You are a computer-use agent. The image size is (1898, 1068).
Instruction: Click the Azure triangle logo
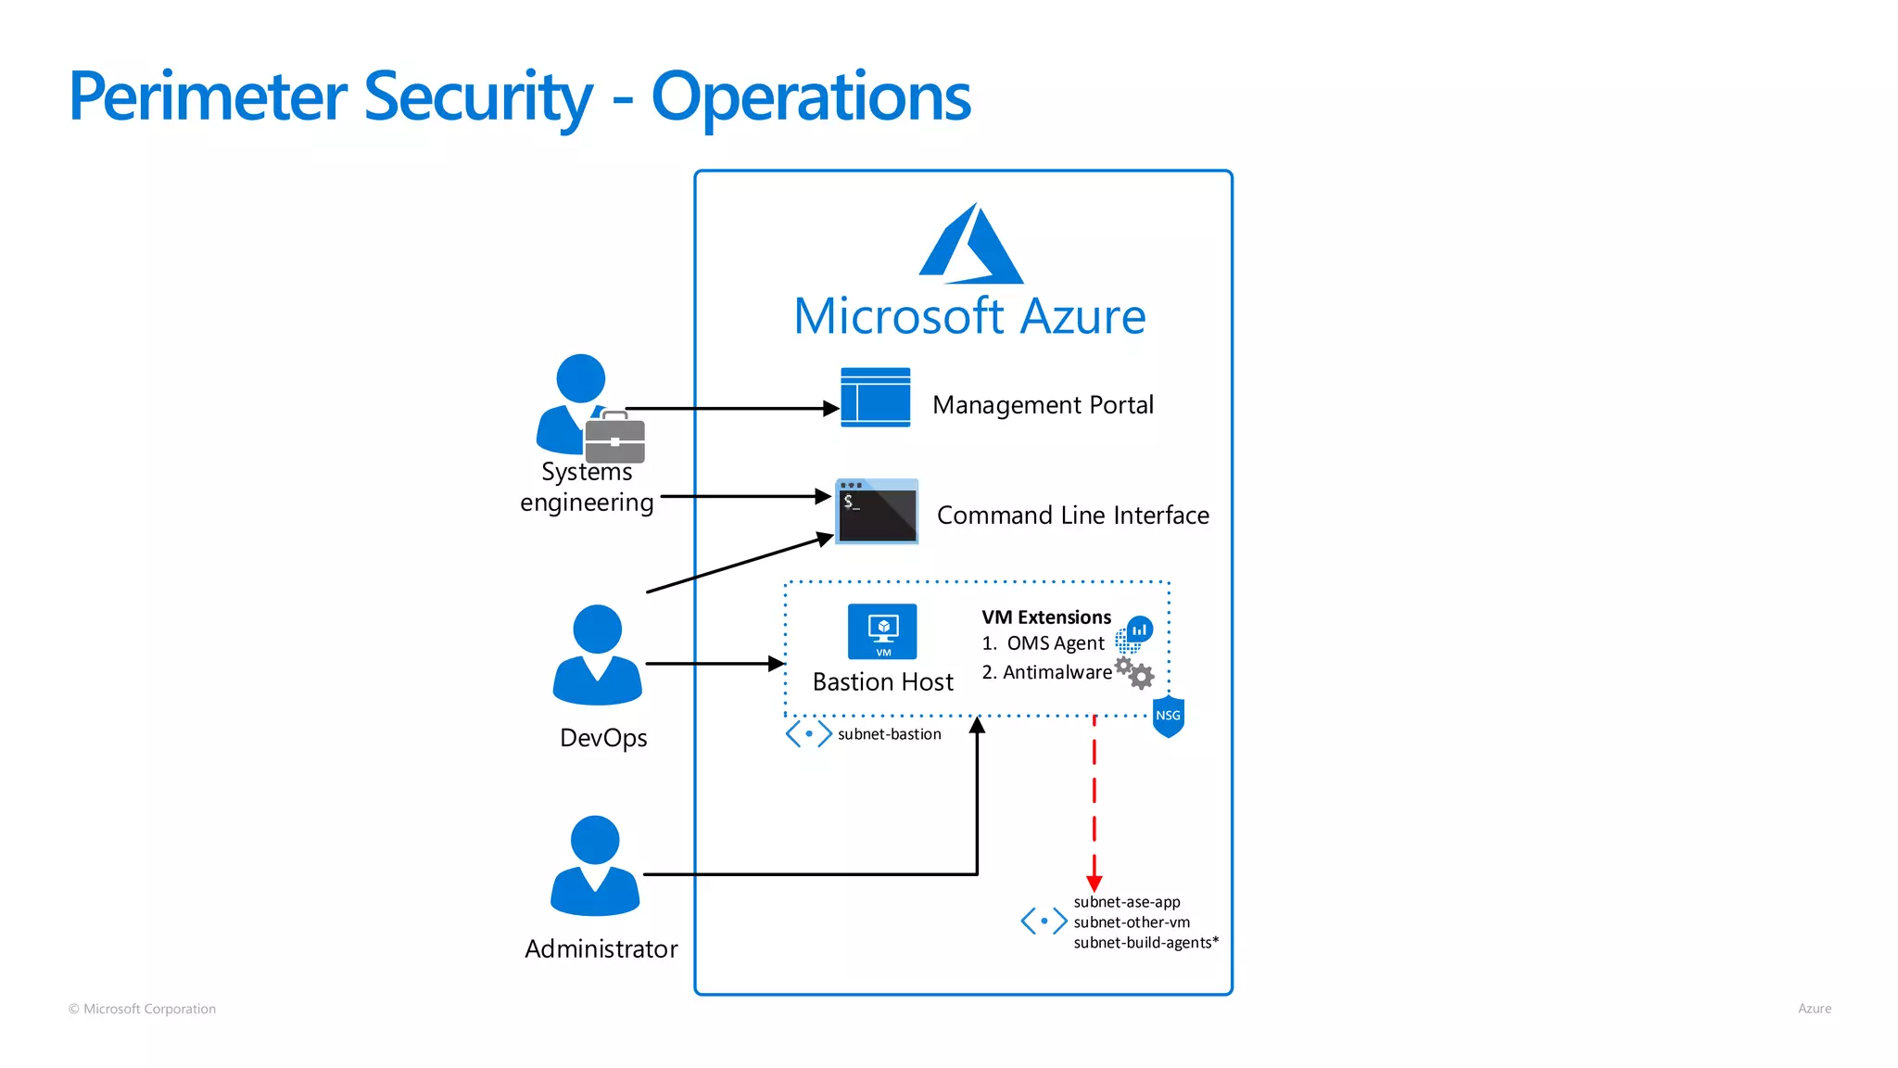(x=970, y=246)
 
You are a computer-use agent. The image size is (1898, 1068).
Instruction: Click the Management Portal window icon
(x=875, y=398)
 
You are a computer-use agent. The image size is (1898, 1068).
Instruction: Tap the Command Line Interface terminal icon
(x=877, y=512)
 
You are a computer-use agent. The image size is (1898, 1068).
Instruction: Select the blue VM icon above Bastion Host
(x=882, y=631)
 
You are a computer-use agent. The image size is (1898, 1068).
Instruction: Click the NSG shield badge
(x=1168, y=717)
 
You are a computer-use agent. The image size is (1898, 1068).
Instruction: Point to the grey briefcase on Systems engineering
(x=614, y=439)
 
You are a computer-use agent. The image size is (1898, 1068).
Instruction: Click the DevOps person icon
(x=597, y=655)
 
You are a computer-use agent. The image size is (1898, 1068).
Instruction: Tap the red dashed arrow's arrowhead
(x=1095, y=884)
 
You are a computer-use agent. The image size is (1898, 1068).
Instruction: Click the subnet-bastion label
(x=889, y=734)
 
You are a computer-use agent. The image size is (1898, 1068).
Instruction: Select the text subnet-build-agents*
(x=1145, y=943)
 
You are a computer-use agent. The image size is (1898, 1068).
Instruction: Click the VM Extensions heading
(x=1045, y=617)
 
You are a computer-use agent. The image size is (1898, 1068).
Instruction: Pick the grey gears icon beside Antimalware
(x=1135, y=673)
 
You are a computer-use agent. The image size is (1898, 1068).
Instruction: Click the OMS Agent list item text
(x=1055, y=643)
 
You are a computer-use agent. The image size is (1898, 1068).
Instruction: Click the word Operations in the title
(x=811, y=97)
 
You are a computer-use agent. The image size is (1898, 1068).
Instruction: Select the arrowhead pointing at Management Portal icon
(x=831, y=408)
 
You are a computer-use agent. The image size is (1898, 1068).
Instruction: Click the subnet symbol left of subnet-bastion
(x=808, y=734)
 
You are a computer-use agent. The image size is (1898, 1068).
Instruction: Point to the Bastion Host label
(x=882, y=682)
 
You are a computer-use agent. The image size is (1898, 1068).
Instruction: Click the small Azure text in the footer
(x=1814, y=1009)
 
